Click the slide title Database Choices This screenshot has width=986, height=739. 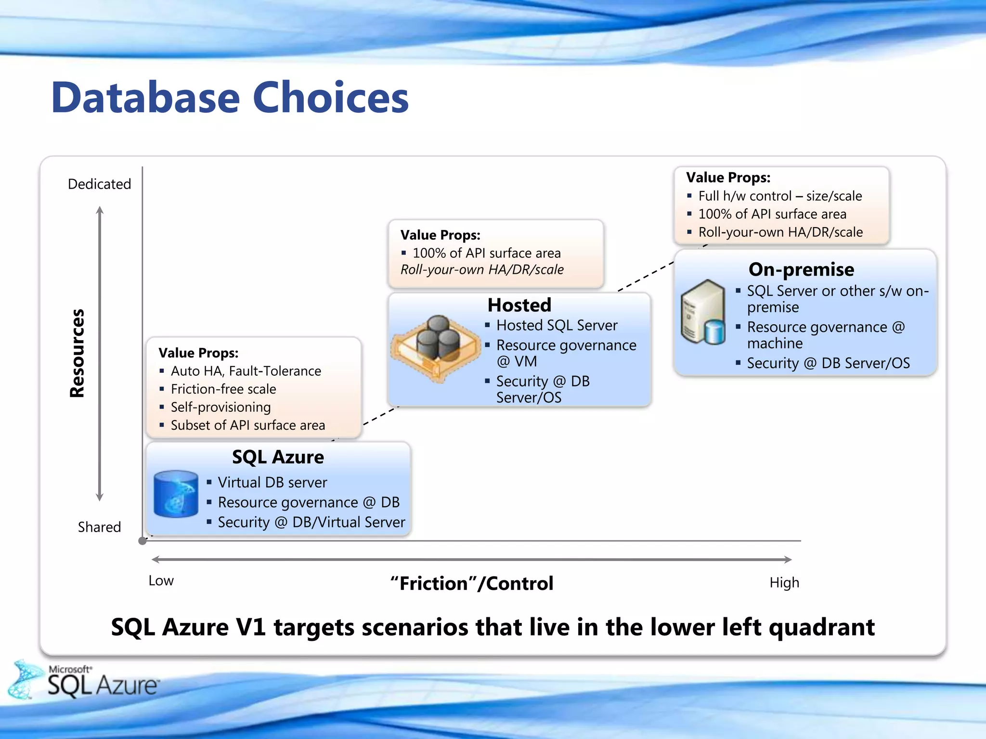click(230, 98)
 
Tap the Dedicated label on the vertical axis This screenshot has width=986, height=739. click(99, 184)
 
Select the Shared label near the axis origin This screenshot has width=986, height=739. click(99, 527)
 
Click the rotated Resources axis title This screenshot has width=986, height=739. click(77, 353)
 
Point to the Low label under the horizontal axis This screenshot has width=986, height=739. click(161, 581)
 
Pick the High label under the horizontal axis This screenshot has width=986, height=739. click(784, 583)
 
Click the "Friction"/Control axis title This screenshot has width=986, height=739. click(472, 584)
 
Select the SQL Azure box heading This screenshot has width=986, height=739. click(278, 457)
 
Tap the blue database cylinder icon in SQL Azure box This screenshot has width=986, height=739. click(176, 494)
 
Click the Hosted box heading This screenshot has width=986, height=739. click(519, 305)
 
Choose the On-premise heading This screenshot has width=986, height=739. click(801, 269)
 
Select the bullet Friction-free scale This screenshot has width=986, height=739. click(223, 389)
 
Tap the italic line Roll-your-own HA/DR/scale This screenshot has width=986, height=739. click(482, 270)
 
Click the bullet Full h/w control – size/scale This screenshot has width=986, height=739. click(780, 196)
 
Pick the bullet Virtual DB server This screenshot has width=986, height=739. click(272, 483)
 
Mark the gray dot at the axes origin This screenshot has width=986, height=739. click(143, 541)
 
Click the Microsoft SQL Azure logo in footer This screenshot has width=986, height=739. click(87, 680)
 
